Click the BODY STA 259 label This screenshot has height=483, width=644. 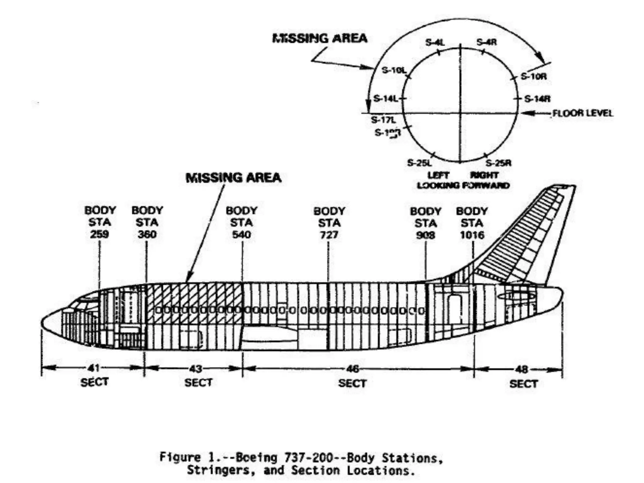100,222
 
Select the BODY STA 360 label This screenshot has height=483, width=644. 147,222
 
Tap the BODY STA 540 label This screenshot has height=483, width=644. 241,222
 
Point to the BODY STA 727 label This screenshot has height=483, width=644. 329,223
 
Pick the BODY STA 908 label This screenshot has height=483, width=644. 425,223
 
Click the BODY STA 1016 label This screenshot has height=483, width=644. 472,223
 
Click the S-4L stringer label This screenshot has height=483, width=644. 435,42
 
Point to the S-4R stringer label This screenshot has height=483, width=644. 486,42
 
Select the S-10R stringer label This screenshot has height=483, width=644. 534,76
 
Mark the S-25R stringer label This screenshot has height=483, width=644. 498,163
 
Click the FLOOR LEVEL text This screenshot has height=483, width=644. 583,113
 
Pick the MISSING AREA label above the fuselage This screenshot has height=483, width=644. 233,178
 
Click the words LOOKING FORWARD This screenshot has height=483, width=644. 463,186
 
